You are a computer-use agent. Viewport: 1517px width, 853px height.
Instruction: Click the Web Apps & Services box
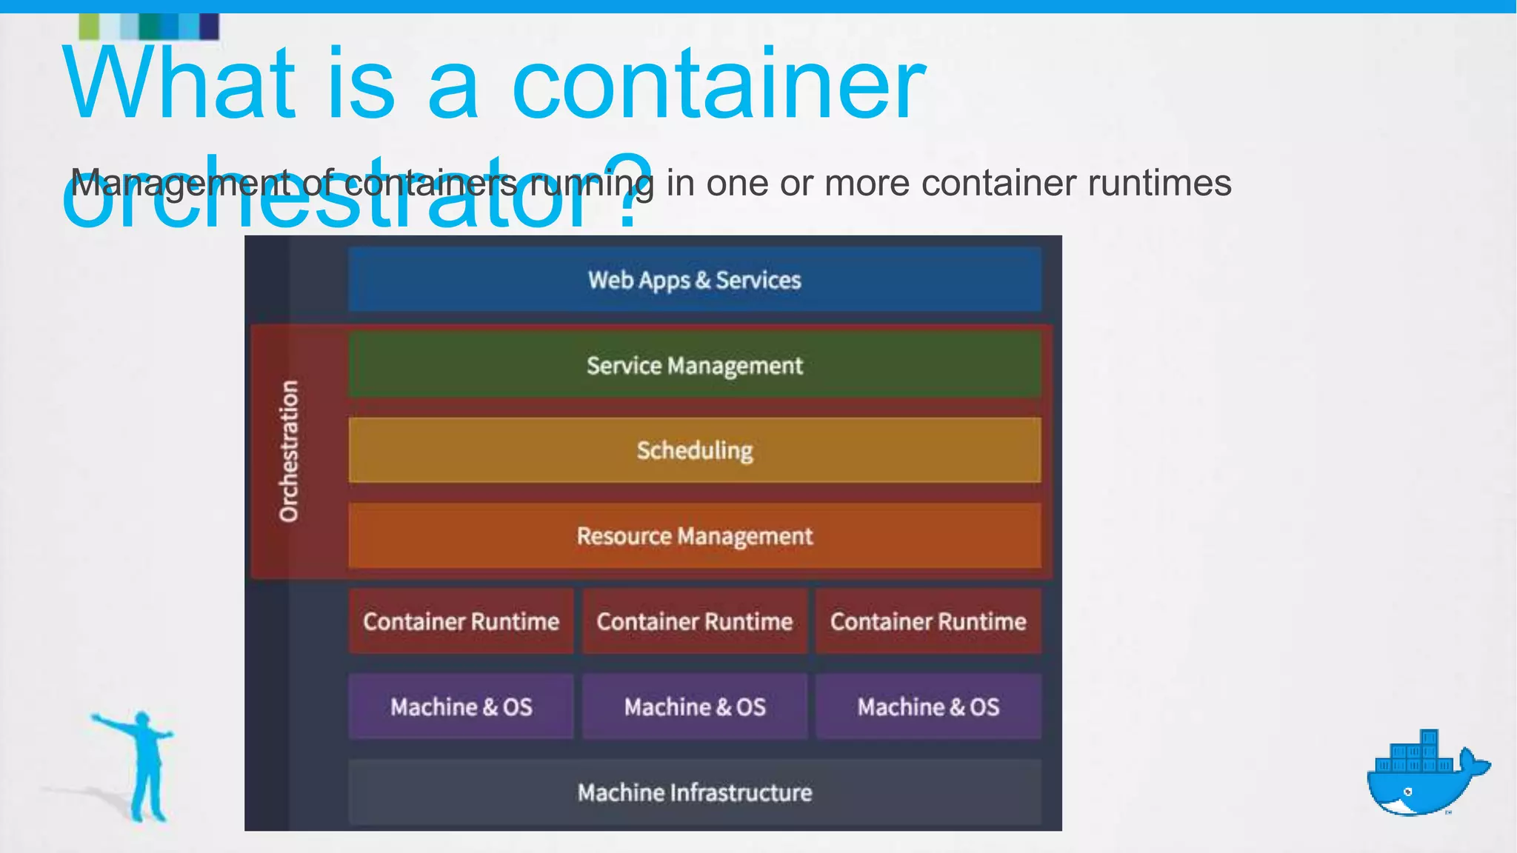pos(695,280)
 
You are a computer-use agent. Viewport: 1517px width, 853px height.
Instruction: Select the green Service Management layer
pos(695,365)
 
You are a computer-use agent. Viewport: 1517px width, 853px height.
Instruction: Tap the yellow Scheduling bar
pos(695,450)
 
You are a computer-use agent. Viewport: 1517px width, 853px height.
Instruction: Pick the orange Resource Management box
pos(695,535)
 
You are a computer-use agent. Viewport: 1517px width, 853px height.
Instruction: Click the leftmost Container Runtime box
pos(461,621)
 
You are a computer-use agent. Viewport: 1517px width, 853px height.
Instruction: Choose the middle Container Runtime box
pos(695,621)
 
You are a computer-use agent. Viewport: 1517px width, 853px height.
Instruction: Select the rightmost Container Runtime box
pos(928,621)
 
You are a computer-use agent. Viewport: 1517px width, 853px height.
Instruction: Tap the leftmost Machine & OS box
pos(461,706)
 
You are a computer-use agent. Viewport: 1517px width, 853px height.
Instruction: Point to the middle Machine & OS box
pos(695,706)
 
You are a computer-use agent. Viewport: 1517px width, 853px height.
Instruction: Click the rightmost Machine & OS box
pos(928,706)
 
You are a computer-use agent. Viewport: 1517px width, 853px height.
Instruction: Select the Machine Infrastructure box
pos(695,792)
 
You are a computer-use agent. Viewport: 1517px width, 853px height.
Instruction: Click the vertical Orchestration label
pos(289,451)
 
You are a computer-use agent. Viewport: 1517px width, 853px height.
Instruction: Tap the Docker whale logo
pos(1426,774)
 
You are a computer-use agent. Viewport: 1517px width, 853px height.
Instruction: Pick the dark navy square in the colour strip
pos(210,27)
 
